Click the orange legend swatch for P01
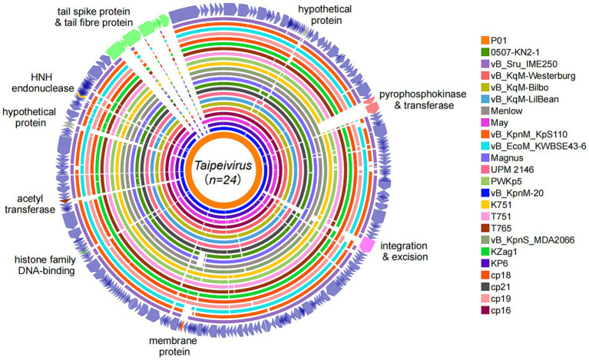tap(485, 41)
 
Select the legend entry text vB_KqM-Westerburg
tap(533, 76)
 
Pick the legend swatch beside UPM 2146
tap(485, 170)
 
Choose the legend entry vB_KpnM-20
tap(518, 193)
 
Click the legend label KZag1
tap(504, 252)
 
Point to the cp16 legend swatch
tap(485, 310)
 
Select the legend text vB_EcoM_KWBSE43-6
tap(538, 147)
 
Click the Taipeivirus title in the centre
tap(223, 166)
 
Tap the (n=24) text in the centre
tap(223, 180)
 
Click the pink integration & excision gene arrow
tap(366, 245)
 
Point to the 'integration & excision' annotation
tap(404, 252)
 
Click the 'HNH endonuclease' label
tap(43, 83)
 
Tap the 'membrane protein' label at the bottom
tap(174, 346)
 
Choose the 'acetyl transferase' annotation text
tap(30, 204)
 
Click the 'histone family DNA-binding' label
tap(45, 265)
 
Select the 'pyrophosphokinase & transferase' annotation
tap(422, 100)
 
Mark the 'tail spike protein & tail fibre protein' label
tap(94, 17)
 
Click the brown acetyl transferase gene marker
tap(65, 201)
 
